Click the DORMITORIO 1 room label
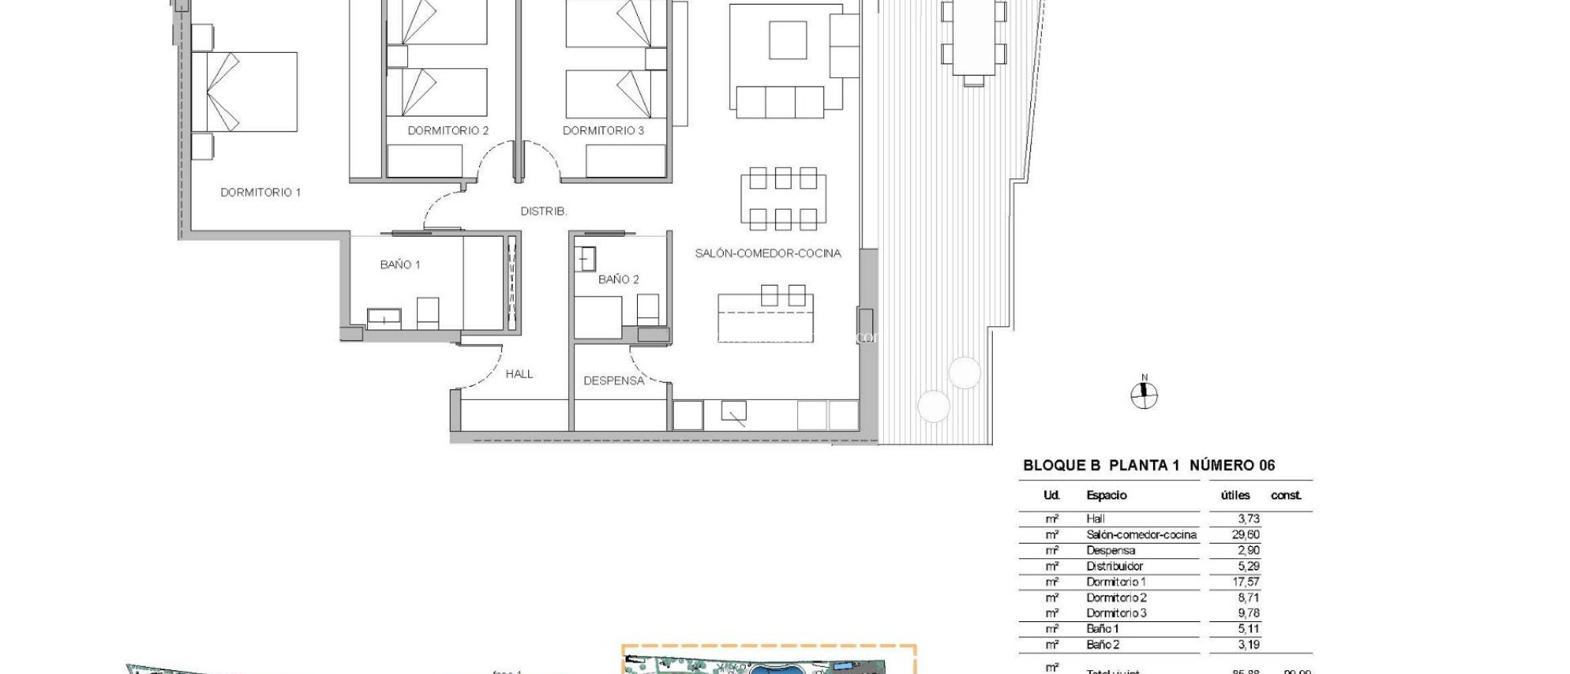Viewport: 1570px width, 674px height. point(261,192)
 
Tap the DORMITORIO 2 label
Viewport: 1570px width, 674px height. point(448,130)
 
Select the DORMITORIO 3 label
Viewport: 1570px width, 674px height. point(603,130)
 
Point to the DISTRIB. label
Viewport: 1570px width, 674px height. point(544,211)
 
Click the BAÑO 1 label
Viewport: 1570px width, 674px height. point(400,264)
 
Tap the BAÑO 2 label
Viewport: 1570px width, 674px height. point(619,280)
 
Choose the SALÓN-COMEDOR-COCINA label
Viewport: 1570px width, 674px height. point(767,253)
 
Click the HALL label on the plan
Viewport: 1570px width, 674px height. point(519,374)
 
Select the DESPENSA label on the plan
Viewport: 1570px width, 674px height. point(613,381)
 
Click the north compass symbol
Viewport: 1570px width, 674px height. point(1144,395)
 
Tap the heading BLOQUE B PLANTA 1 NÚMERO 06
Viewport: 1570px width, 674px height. point(1148,465)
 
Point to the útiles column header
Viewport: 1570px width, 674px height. point(1235,496)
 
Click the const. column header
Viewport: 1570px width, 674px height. point(1286,496)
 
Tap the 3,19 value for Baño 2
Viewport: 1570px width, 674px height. point(1248,645)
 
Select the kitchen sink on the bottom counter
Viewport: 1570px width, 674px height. point(734,414)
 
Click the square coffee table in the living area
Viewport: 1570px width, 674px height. point(788,40)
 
